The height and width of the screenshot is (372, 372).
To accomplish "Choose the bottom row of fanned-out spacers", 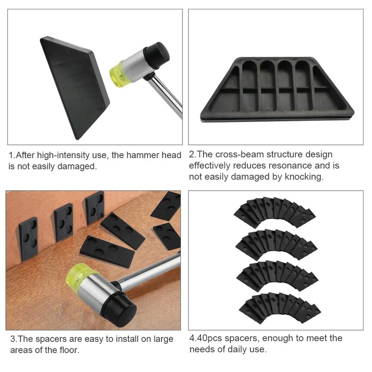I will click(x=279, y=308).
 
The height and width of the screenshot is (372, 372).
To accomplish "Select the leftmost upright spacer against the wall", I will click(x=28, y=238).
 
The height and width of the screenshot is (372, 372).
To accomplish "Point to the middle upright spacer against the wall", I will click(x=64, y=222).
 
